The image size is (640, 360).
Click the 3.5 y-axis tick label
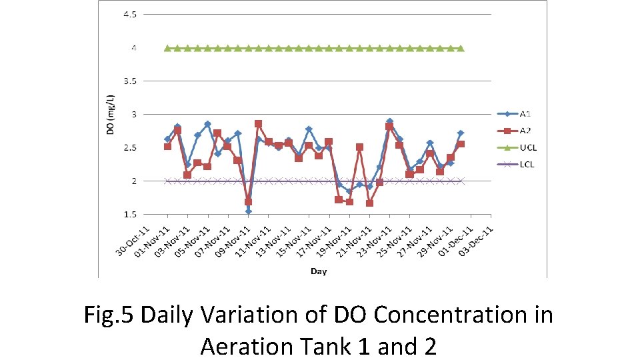click(129, 81)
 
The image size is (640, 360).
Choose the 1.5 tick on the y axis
click(129, 215)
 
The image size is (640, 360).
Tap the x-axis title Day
click(319, 271)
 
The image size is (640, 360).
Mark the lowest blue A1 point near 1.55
click(248, 211)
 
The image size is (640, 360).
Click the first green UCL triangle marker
click(167, 48)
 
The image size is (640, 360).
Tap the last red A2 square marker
click(461, 144)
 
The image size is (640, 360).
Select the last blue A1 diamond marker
click(461, 133)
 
